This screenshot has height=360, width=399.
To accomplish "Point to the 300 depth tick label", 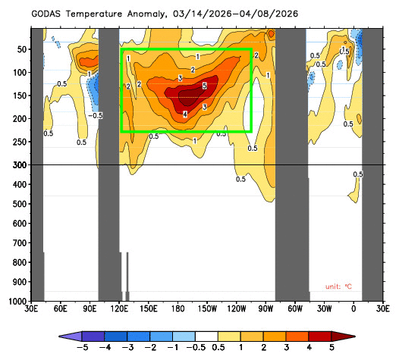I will pos(19,164).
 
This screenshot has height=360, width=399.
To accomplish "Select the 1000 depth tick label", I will pos(17,302).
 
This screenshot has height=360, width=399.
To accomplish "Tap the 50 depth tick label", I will pos(21,49).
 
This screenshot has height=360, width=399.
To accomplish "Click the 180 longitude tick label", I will pos(178,310).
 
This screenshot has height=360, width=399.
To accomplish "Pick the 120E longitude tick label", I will pos(118,310).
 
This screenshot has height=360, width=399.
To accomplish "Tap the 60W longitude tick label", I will pos(295,310).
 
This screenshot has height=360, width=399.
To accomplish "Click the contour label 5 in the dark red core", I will pos(204,87).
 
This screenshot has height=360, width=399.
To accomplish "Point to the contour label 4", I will pos(185,114).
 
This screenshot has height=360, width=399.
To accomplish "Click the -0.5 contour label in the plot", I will pos(96,116).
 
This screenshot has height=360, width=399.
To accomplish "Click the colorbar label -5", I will pos(80,348).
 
